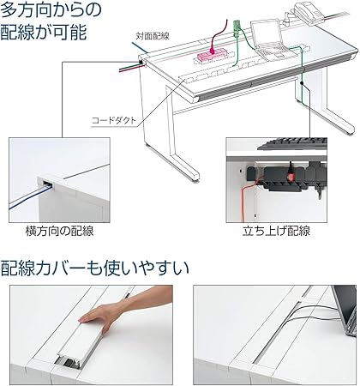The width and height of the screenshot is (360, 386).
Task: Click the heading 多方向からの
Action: tap(51, 13)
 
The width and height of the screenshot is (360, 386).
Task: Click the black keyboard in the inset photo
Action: tap(283, 145)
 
